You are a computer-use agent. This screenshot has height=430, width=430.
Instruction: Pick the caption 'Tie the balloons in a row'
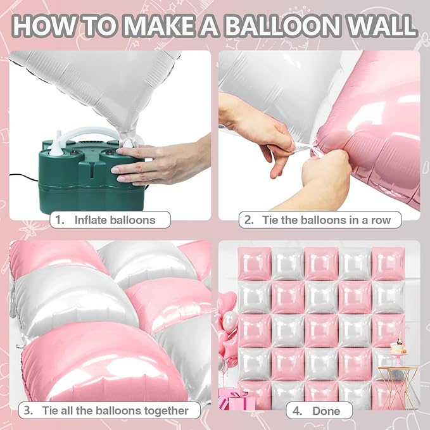tap(322, 220)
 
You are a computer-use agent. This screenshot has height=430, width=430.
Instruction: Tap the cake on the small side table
tap(397, 348)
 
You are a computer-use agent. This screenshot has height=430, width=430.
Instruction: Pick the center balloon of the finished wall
tap(321, 329)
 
